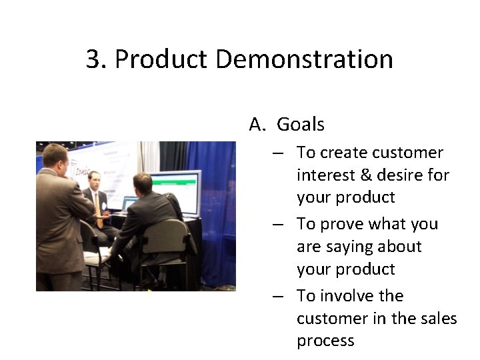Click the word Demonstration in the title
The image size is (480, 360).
(x=304, y=59)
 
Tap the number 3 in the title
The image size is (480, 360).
(x=93, y=59)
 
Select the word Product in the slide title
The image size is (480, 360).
(x=161, y=59)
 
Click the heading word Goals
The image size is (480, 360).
(x=300, y=124)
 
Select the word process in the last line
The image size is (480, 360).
(x=325, y=341)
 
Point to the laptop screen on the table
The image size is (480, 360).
(x=130, y=203)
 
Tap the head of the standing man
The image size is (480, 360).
(x=54, y=156)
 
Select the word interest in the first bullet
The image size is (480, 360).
(x=325, y=175)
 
